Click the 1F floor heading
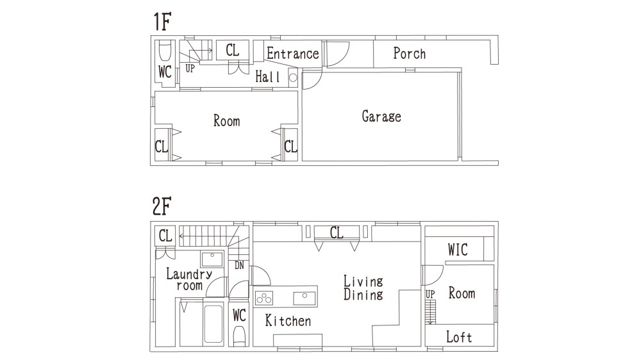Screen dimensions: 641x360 [162, 22]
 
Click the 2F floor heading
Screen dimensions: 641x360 [162, 206]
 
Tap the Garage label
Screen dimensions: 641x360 [381, 117]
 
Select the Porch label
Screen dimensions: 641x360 [409, 53]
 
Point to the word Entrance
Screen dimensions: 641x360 [293, 53]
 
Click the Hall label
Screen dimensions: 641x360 [268, 76]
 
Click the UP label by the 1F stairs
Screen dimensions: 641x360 [190, 69]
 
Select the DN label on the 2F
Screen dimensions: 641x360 [239, 266]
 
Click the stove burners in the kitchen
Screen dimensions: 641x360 [264, 299]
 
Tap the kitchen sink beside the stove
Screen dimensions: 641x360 [304, 299]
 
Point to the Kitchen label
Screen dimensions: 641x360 [288, 320]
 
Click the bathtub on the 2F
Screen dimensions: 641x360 [213, 324]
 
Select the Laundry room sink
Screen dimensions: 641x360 [212, 259]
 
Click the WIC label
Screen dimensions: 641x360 [458, 250]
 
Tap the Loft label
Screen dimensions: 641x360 [459, 337]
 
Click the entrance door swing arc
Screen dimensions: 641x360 [342, 59]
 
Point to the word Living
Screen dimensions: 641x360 [363, 281]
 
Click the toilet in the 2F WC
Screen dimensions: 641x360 [239, 338]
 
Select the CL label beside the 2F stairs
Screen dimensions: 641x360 [165, 236]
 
